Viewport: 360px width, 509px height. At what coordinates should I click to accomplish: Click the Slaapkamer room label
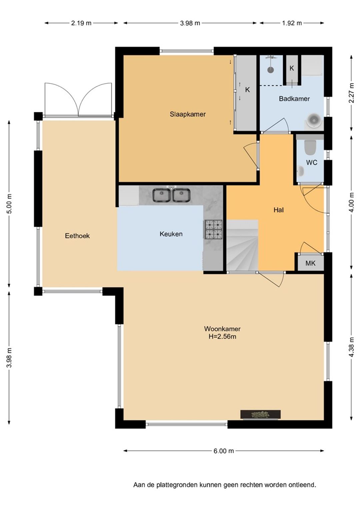(187, 114)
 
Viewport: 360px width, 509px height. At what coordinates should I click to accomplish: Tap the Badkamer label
(294, 99)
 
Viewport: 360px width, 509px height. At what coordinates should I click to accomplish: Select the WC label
(312, 162)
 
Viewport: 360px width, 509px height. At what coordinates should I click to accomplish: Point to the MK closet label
(310, 263)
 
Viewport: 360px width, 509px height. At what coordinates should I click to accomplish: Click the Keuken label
(171, 234)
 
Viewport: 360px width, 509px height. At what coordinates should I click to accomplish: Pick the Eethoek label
(77, 236)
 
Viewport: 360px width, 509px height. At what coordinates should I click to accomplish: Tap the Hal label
(279, 210)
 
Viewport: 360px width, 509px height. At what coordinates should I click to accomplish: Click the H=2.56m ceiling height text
(222, 336)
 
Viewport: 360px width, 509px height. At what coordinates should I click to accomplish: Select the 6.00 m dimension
(224, 451)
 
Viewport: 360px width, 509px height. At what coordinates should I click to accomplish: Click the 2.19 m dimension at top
(81, 23)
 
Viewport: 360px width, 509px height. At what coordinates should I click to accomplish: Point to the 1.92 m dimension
(292, 23)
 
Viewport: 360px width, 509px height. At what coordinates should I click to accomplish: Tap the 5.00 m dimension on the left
(9, 204)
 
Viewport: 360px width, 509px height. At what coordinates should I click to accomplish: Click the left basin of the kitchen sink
(161, 195)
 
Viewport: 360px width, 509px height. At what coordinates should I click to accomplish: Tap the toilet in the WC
(310, 147)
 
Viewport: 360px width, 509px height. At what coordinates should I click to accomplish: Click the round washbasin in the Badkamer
(314, 119)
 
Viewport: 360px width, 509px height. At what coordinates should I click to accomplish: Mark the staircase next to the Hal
(243, 245)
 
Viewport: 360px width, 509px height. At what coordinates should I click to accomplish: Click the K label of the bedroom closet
(247, 90)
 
